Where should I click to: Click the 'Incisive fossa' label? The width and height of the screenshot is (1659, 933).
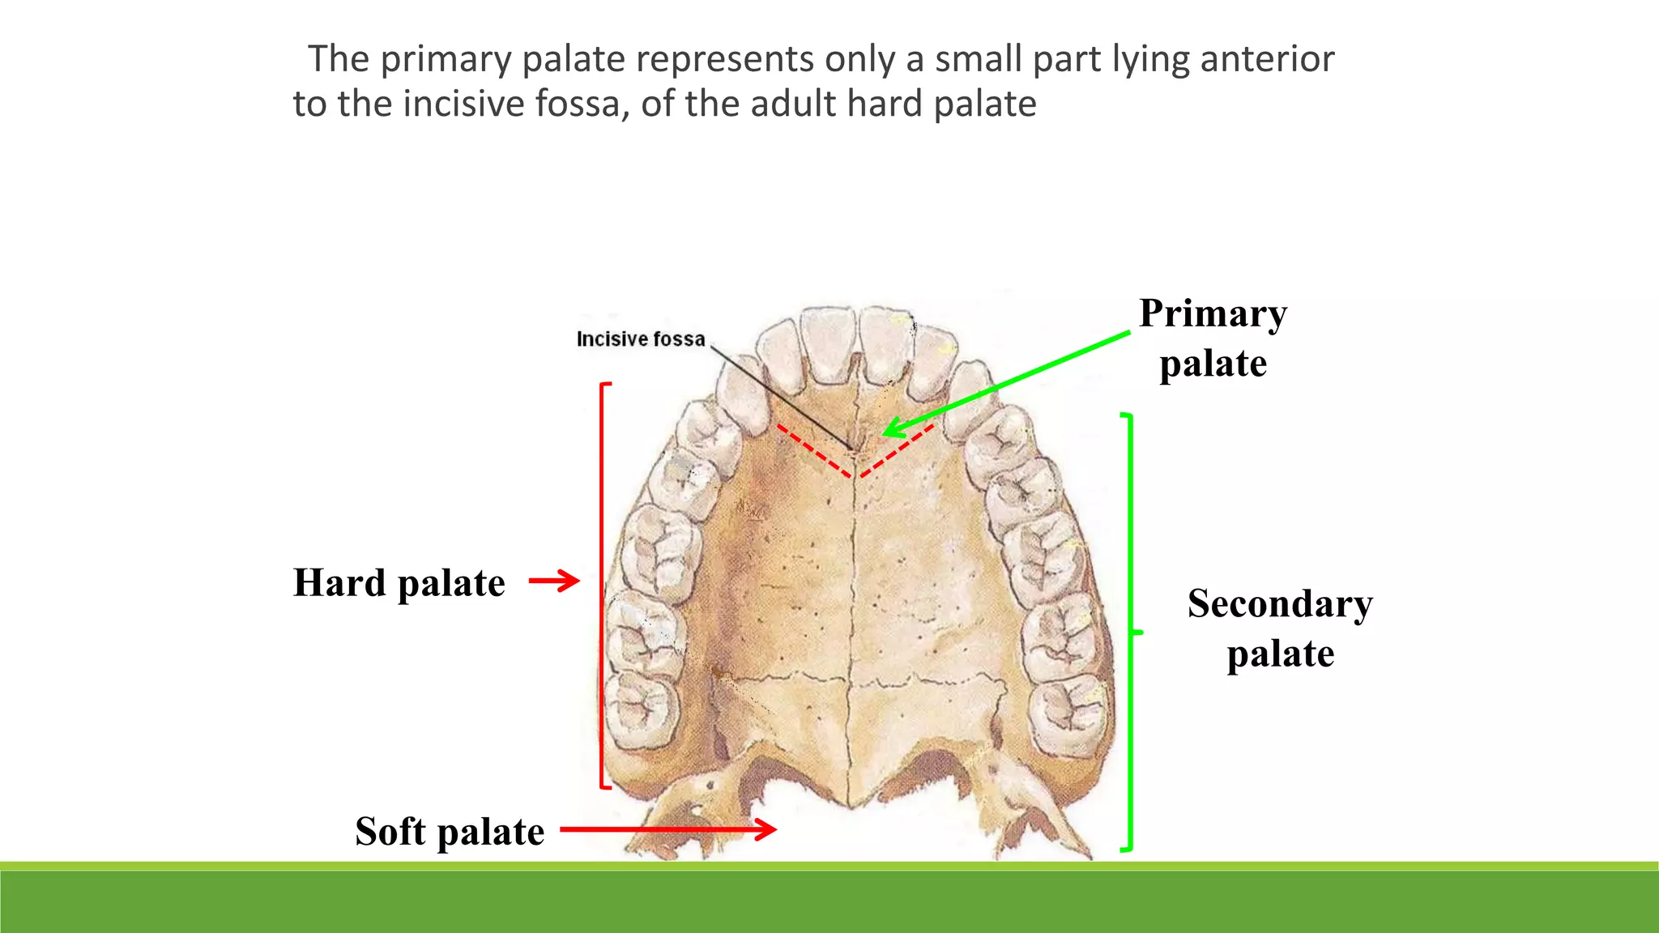tap(640, 339)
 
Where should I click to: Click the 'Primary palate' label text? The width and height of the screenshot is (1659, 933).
tap(1213, 338)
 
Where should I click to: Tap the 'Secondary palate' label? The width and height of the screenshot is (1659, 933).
tap(1280, 628)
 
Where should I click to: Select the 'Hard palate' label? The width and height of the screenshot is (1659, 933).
tap(399, 583)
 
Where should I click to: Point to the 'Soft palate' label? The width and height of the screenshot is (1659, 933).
tap(450, 832)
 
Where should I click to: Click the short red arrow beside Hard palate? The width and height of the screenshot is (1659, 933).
tap(554, 581)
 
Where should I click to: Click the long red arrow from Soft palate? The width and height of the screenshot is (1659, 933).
tap(667, 829)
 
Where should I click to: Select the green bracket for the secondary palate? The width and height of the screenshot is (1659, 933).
tap(1130, 632)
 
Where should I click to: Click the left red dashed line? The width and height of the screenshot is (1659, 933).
tap(813, 450)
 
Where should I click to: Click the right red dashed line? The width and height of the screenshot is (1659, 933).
tap(898, 449)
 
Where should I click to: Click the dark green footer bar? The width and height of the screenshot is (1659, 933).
tap(829, 903)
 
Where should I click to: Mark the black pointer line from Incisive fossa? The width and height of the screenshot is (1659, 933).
tap(782, 397)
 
